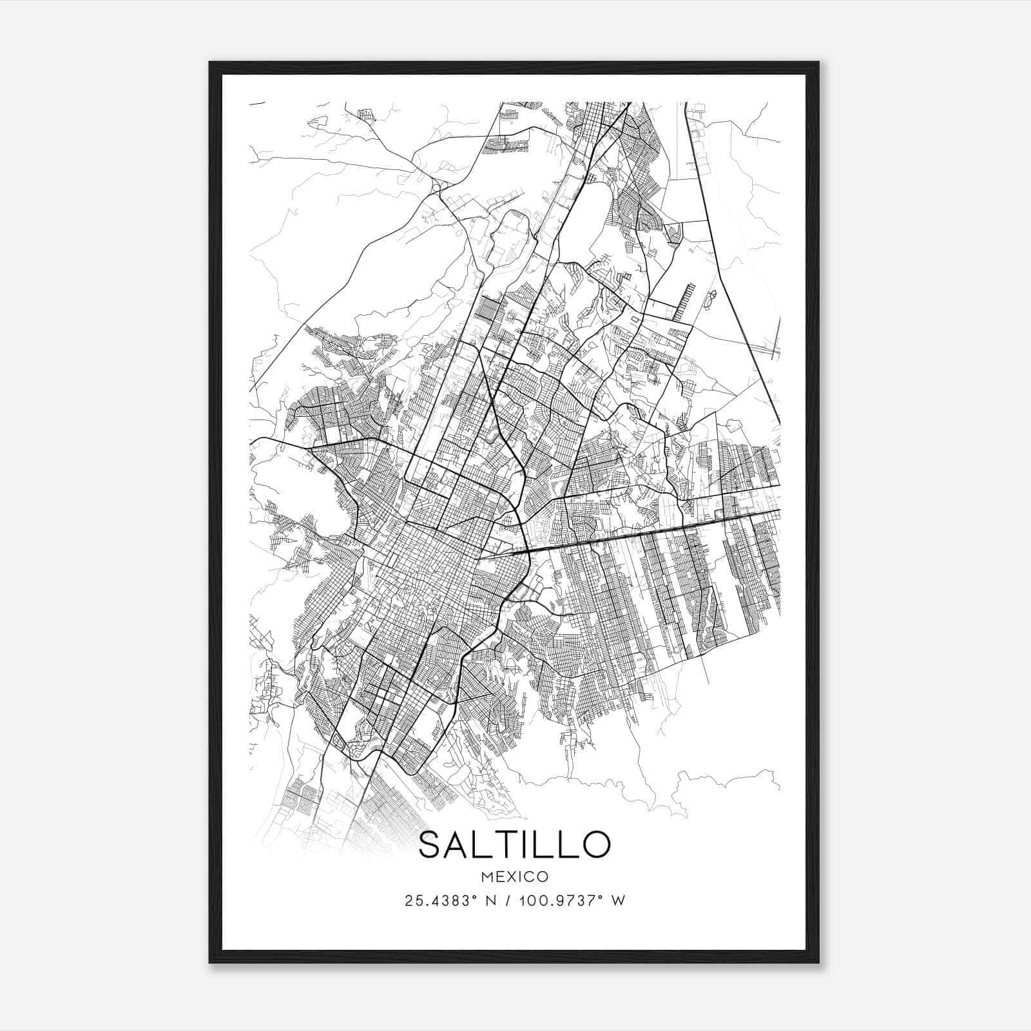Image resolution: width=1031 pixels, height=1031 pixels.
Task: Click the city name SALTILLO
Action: (x=514, y=845)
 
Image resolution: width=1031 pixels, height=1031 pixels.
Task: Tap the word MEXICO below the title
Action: (x=514, y=876)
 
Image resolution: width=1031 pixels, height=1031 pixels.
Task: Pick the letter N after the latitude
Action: (x=490, y=901)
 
